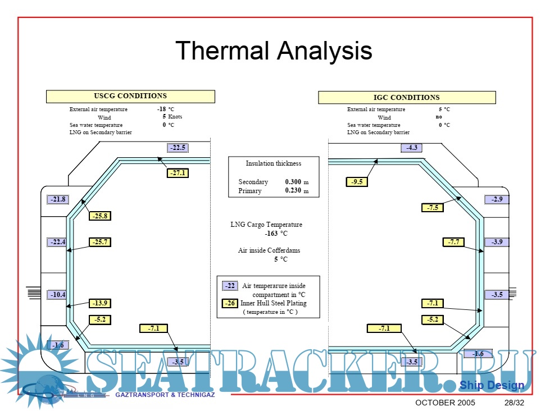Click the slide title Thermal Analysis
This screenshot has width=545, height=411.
pos(274,51)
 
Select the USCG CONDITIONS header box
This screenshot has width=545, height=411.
pos(130,96)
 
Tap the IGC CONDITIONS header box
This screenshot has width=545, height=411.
pos(407,98)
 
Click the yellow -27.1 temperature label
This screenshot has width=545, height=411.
pos(178,173)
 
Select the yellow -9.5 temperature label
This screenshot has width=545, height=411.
pos(356,181)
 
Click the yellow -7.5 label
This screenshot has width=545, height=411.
pos(432,208)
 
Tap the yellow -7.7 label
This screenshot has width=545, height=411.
pos(453,242)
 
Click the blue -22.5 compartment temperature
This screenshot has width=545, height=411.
pos(178,148)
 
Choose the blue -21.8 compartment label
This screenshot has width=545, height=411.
pos(57,199)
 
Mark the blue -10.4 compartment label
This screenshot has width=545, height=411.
pos(57,294)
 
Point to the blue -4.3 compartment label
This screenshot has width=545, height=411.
pos(411,148)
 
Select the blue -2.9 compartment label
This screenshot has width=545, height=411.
pos(497,199)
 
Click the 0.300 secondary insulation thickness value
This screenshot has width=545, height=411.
pos(293,182)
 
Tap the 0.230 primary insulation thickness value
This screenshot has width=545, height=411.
pos(293,191)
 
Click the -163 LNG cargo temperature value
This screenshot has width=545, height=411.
pos(271,234)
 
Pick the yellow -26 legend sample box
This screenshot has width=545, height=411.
pos(230,303)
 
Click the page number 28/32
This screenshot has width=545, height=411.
pos(514,403)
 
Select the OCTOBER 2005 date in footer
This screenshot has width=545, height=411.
pos(445,403)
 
